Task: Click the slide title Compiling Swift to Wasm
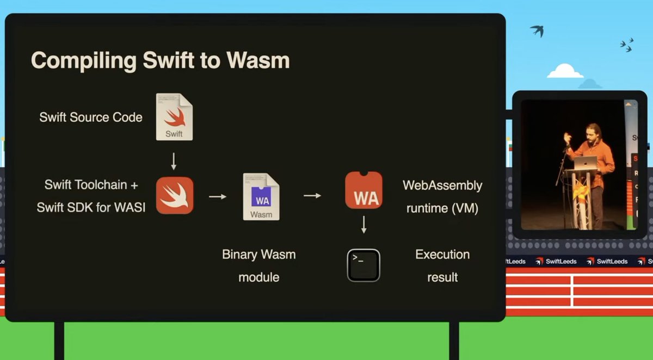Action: pyautogui.click(x=160, y=60)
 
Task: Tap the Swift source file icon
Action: pyautogui.click(x=174, y=117)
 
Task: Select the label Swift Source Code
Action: pyautogui.click(x=91, y=117)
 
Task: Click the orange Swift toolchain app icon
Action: pyautogui.click(x=175, y=195)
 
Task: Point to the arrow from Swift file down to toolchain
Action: pyautogui.click(x=174, y=160)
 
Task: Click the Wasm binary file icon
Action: pyautogui.click(x=261, y=196)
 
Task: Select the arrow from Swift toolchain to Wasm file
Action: pyautogui.click(x=218, y=196)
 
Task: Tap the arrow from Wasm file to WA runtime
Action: pyautogui.click(x=312, y=196)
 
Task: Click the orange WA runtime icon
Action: pyautogui.click(x=364, y=190)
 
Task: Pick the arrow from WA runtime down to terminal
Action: pyautogui.click(x=364, y=225)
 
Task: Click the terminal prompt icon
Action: pyautogui.click(x=364, y=265)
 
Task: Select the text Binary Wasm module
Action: pyautogui.click(x=259, y=266)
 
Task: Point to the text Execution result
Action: pyautogui.click(x=442, y=266)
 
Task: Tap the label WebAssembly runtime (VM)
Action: pyautogui.click(x=442, y=196)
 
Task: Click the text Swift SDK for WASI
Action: pyautogui.click(x=91, y=207)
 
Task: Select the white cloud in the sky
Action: pyautogui.click(x=565, y=71)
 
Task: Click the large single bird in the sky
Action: pyautogui.click(x=537, y=30)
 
